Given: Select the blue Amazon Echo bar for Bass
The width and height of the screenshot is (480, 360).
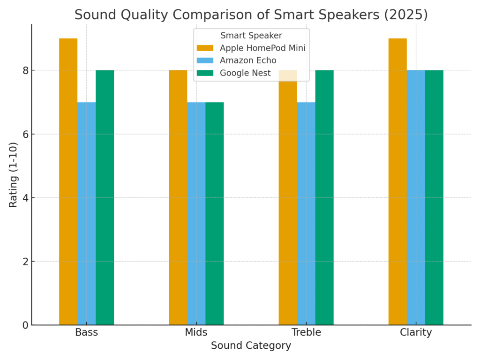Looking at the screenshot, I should coord(86,213).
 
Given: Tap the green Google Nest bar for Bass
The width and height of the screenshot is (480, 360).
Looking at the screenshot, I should coord(105,197).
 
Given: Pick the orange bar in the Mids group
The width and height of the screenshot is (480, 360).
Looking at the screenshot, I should coord(178,197).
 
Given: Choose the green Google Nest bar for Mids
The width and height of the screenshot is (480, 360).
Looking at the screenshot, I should coord(214,213).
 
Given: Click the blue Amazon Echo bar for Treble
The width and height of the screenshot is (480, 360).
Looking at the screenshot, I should coord(306,213).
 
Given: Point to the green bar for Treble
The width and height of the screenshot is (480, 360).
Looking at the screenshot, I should coord(324,197).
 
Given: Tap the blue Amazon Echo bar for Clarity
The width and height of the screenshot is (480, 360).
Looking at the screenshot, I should coord(416,197).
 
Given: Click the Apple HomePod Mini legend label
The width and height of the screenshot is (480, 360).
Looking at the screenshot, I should coord(262,48).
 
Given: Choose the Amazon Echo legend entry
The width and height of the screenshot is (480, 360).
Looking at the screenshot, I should coord(248,60).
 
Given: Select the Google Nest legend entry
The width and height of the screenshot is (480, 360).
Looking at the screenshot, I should coord(245,73).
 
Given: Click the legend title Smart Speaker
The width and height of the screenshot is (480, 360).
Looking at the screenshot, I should coord(251,36).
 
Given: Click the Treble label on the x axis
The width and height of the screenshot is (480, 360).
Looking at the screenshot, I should coord(306,333).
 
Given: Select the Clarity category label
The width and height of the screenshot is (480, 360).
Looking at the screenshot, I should coord(416,333).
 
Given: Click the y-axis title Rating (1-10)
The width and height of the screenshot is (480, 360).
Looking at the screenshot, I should coord(14,175).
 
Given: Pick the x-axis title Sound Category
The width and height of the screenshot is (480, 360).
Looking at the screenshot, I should coord(251,346).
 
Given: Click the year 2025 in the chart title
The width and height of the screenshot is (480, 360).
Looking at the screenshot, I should coord(410,15).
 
